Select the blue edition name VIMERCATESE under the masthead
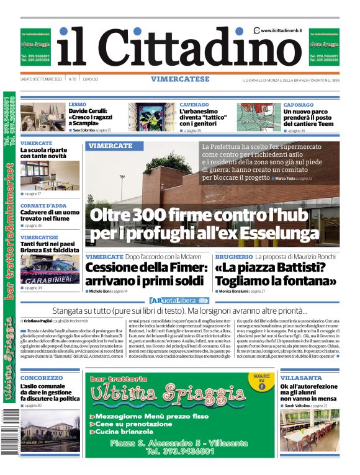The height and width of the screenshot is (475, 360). (179, 79)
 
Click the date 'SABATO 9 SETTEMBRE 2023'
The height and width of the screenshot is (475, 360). (42, 79)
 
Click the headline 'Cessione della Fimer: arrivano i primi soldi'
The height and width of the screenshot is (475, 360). (146, 274)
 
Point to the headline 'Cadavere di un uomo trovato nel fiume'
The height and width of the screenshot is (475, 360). (50, 215)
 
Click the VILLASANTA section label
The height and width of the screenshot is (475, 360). (300, 377)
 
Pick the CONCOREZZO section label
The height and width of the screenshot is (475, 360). (42, 377)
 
